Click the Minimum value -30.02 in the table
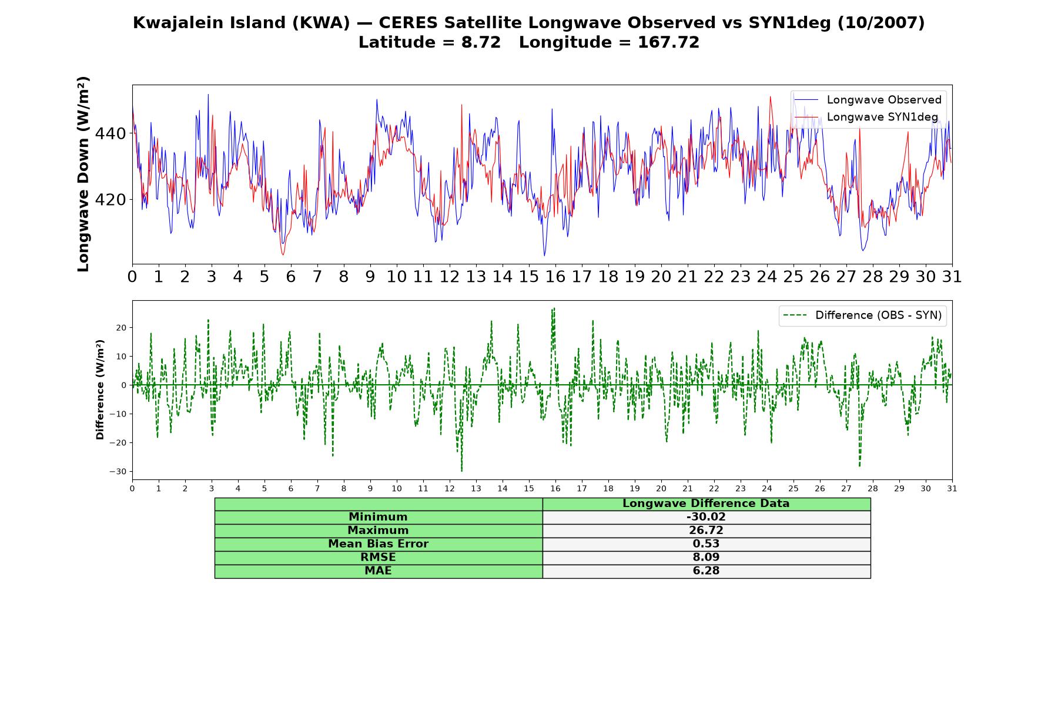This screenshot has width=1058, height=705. (x=706, y=517)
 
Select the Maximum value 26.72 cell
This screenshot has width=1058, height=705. (x=706, y=531)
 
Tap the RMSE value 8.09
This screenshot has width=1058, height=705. (x=706, y=558)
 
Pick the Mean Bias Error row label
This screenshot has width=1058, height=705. (x=378, y=544)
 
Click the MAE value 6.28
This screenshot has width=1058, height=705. (x=706, y=571)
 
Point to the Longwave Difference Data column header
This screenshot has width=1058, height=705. (x=706, y=503)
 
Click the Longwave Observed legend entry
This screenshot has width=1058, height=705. (x=868, y=100)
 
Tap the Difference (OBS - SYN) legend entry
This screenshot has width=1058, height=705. (x=862, y=315)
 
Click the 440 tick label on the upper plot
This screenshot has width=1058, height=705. (x=111, y=134)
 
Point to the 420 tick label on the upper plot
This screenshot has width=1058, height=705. (x=111, y=200)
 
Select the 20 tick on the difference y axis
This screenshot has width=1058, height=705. (x=121, y=327)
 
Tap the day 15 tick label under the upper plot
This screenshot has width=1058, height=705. (x=529, y=277)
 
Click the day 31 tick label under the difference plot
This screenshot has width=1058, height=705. (x=952, y=489)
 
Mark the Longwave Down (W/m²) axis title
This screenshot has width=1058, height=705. (x=83, y=174)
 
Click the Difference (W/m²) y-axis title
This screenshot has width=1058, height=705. (x=100, y=390)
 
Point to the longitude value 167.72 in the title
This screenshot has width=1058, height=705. (x=668, y=42)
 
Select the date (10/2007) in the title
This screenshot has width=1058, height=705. (x=881, y=23)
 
